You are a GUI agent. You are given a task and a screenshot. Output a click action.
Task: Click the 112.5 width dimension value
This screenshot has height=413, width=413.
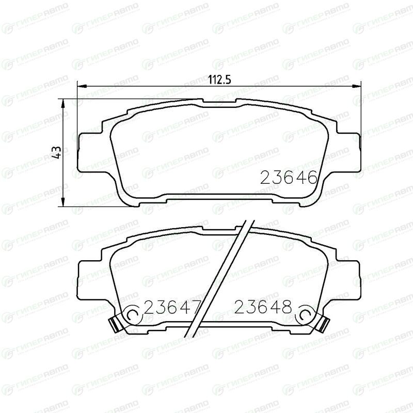tap(219, 80)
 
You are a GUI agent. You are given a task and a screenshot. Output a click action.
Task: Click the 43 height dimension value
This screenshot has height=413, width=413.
tap(57, 152)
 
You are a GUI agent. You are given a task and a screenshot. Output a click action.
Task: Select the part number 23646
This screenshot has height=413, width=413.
tap(289, 177)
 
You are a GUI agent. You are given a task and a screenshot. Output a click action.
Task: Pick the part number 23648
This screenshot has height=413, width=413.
tap(263, 307)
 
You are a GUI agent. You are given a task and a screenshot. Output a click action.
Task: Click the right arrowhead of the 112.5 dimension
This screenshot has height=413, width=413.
tap(356, 86)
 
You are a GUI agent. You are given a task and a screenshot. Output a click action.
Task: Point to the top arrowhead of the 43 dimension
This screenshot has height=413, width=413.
tap(62, 104)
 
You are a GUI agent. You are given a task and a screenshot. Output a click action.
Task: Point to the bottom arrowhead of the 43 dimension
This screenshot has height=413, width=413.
tap(62, 201)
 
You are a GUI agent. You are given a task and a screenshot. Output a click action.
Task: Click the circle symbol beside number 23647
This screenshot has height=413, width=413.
tap(134, 314)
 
